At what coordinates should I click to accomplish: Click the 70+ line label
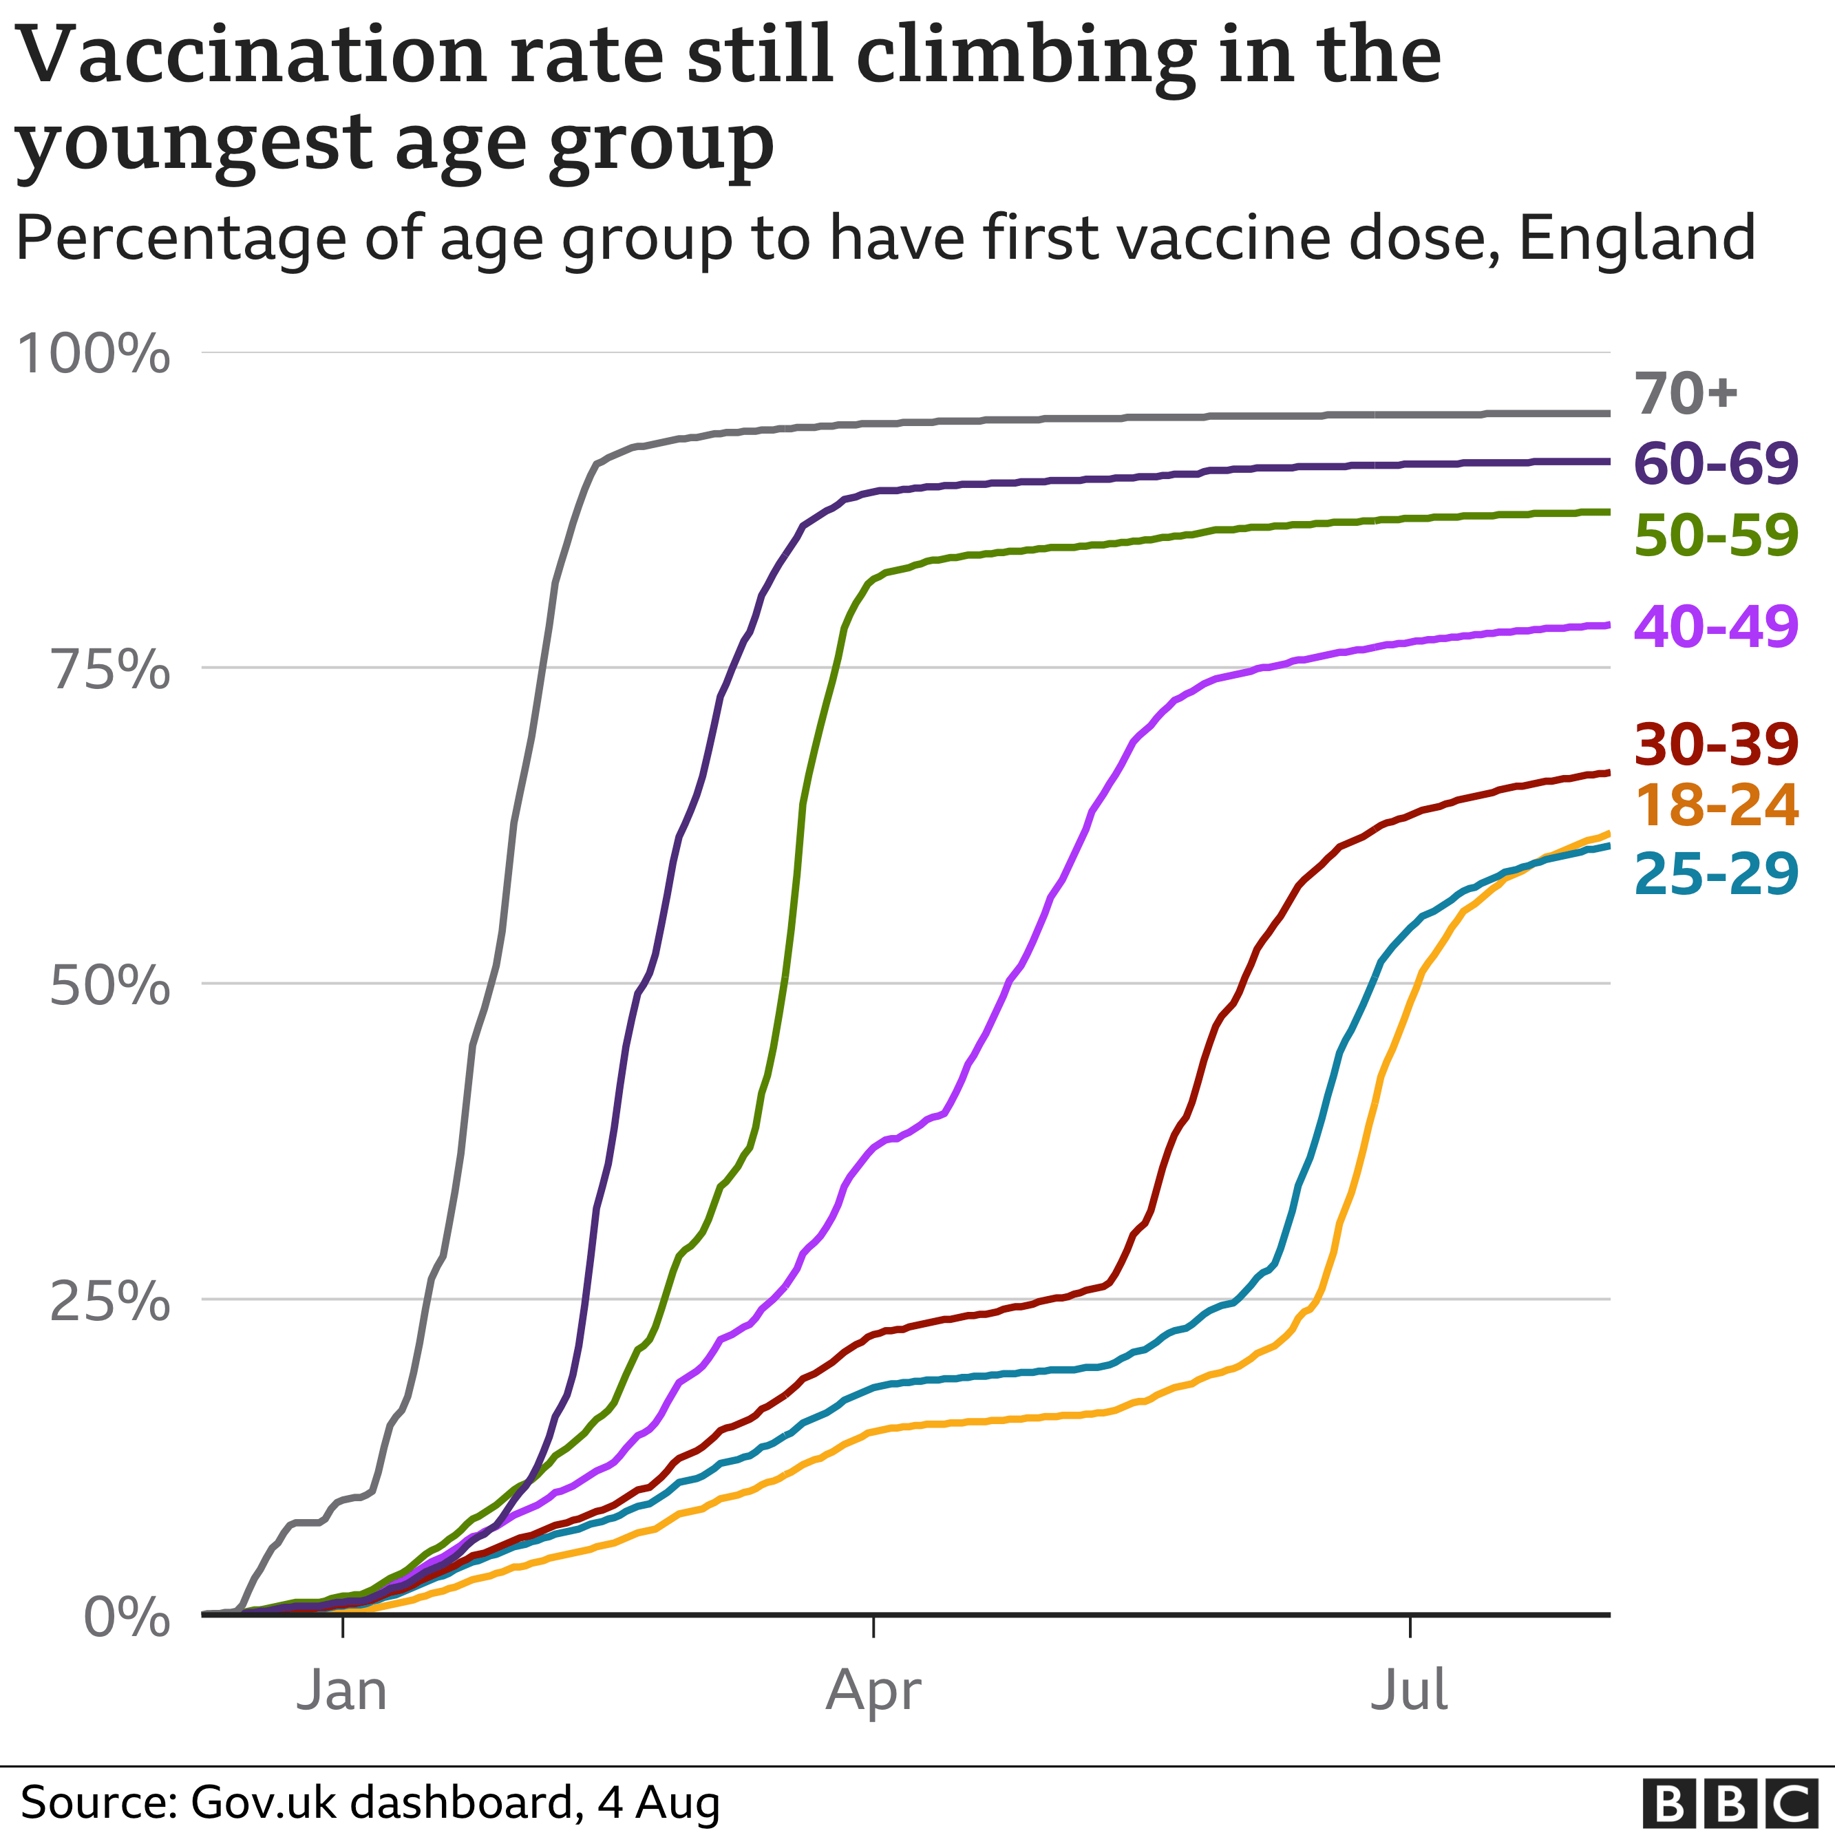point(1685,393)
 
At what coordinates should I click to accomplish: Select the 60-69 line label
point(1715,463)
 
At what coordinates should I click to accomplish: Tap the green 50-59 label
point(1715,535)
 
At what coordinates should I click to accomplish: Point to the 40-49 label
point(1715,626)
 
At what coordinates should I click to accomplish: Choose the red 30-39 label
point(1715,743)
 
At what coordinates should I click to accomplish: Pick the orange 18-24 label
point(1715,805)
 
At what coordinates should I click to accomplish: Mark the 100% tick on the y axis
point(93,353)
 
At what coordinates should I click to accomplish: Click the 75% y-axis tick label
point(110,670)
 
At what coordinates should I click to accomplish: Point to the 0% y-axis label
point(127,1617)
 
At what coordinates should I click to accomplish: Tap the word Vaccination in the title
point(252,55)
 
